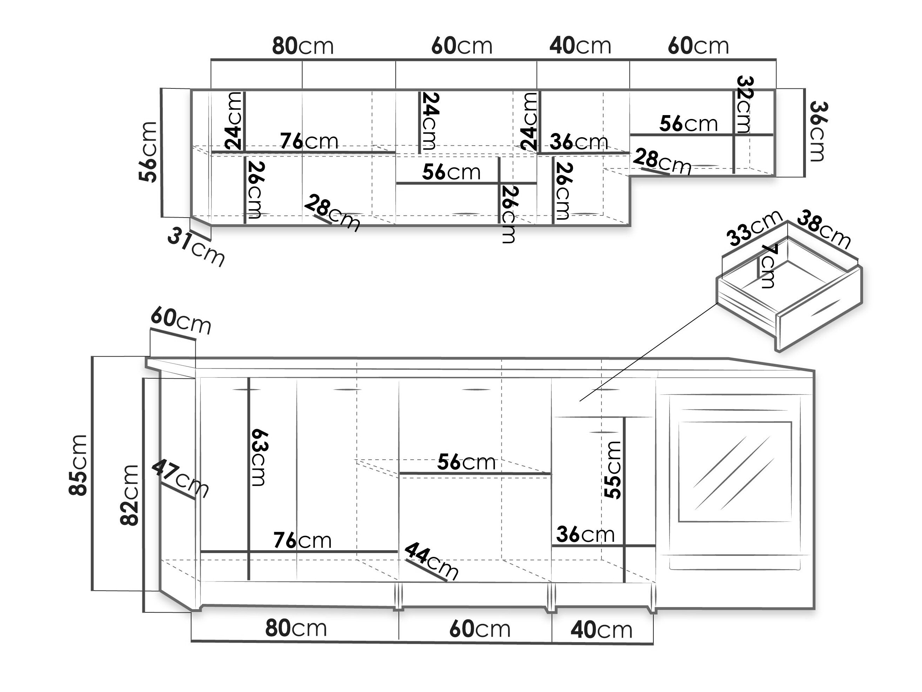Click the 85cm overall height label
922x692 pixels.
(x=78, y=465)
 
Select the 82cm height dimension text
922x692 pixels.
(x=129, y=495)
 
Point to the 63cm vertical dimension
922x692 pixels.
(x=259, y=457)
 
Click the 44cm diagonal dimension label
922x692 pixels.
(x=432, y=560)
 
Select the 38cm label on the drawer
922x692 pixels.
(x=824, y=229)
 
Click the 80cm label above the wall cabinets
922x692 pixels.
(x=303, y=46)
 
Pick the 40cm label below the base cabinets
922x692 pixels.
(x=601, y=630)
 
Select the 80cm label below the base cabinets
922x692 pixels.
(x=296, y=628)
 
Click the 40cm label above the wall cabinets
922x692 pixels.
(x=580, y=46)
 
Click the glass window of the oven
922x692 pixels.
(x=735, y=471)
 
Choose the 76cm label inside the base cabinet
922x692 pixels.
(x=303, y=541)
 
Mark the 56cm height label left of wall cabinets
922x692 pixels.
(x=148, y=152)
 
